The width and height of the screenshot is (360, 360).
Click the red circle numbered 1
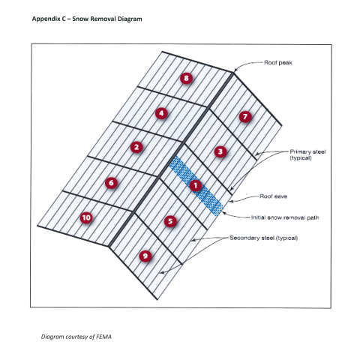coord(195,185)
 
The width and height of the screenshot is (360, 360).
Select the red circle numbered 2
coord(136,147)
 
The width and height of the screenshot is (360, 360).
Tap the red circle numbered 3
coord(220,151)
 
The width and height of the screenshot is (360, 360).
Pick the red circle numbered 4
coord(161,113)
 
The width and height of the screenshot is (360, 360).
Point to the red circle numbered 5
coord(170,221)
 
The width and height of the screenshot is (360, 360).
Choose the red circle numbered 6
coord(111,183)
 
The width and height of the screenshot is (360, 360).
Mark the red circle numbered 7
coord(245,116)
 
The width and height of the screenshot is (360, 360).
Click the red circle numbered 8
coord(186,78)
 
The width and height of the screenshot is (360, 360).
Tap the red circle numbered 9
coord(145,256)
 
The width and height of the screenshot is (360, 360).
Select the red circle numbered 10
coord(86,217)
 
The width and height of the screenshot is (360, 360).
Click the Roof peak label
coord(278,62)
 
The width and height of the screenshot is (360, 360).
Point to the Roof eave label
coord(273,196)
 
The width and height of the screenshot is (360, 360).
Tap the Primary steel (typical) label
coord(307,154)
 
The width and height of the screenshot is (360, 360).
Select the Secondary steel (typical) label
coord(264,238)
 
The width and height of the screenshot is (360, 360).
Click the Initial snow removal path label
coord(285,217)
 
